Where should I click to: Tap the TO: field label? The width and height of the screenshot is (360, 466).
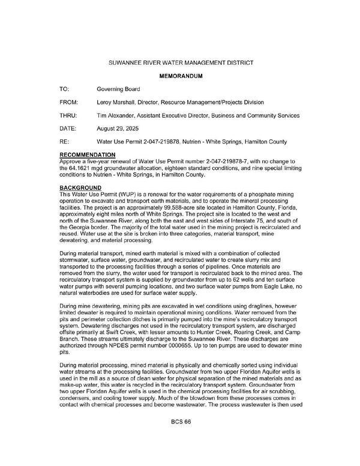click(x=64, y=89)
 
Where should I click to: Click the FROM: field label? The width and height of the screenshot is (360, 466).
click(x=68, y=102)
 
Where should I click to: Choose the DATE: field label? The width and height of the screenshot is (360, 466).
click(x=68, y=129)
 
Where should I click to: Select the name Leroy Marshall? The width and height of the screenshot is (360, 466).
click(x=116, y=102)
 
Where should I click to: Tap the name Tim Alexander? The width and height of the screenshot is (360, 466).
click(x=116, y=115)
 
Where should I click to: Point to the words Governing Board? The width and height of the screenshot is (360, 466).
click(x=118, y=89)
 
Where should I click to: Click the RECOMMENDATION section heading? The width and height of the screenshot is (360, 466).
click(x=91, y=155)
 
